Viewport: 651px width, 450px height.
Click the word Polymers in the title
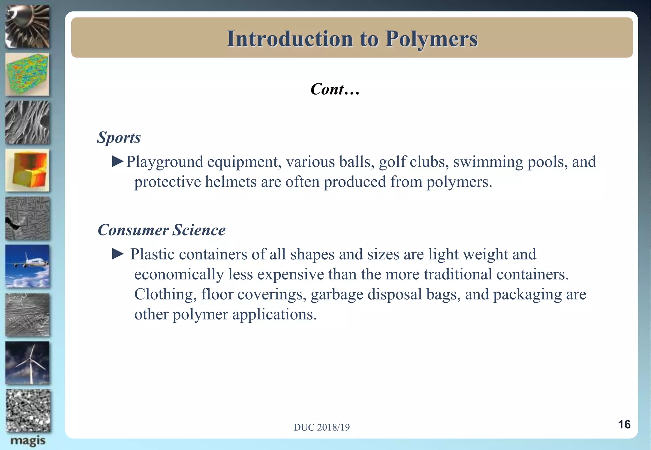[431, 39]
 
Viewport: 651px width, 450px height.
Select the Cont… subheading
[335, 89]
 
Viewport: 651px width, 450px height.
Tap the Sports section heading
[119, 137]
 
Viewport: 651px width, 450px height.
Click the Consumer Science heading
[161, 230]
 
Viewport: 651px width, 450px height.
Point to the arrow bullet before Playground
[118, 162]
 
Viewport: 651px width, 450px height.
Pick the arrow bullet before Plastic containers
[118, 254]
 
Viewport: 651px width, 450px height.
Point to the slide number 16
[624, 424]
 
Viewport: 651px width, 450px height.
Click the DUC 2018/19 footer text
[321, 427]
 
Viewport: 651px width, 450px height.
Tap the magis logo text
[28, 441]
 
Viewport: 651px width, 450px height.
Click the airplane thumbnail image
[28, 266]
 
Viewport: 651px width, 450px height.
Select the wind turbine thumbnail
[28, 363]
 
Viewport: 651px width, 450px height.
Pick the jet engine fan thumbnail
[28, 27]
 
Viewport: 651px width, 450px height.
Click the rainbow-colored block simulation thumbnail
[28, 75]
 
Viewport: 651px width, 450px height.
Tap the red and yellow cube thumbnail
[28, 170]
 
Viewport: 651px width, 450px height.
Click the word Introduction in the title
[290, 39]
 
